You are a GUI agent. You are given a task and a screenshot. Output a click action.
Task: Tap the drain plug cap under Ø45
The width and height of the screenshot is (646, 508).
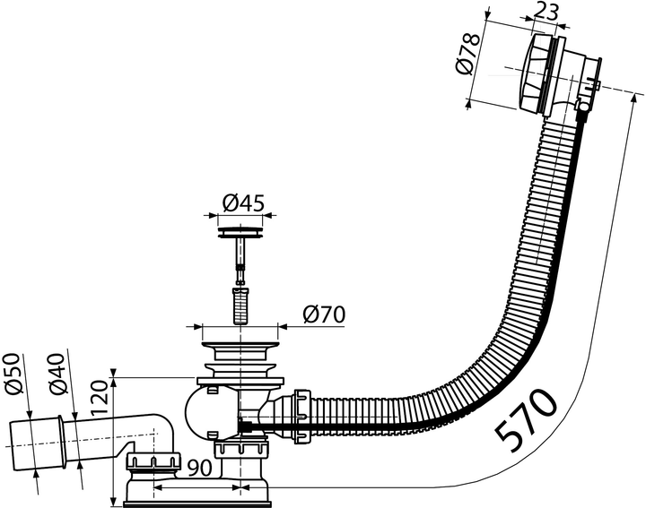coord(239,233)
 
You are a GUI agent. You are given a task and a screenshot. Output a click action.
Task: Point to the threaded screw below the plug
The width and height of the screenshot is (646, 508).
coord(240,305)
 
